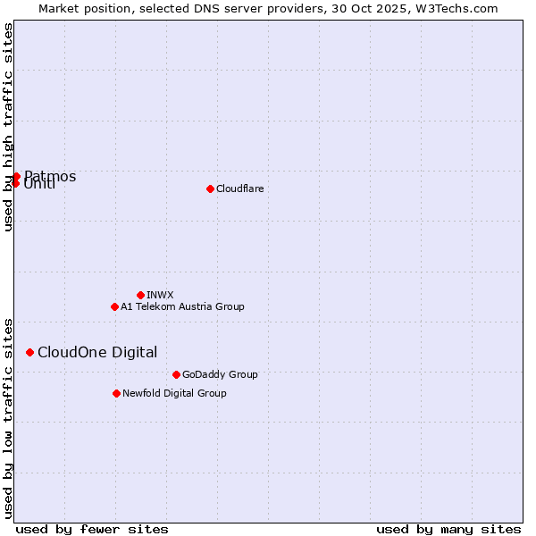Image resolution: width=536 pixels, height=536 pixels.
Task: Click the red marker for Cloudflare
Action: pyautogui.click(x=210, y=188)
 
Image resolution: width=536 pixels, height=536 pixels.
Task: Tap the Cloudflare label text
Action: pyautogui.click(x=239, y=188)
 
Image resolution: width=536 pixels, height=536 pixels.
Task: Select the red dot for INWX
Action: pyautogui.click(x=140, y=295)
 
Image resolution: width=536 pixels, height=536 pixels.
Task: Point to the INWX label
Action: pyautogui.click(x=160, y=295)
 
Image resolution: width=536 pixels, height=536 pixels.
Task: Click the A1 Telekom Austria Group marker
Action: pyautogui.click(x=114, y=306)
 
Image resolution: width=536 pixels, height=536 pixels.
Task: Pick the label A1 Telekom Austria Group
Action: pyautogui.click(x=182, y=306)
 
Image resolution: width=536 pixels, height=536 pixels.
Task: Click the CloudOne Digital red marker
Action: pyautogui.click(x=29, y=352)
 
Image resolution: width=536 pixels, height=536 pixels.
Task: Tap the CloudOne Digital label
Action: pyautogui.click(x=97, y=352)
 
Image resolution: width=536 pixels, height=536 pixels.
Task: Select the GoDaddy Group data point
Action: pyautogui.click(x=176, y=374)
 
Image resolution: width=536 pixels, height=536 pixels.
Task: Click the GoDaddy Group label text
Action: pyautogui.click(x=220, y=374)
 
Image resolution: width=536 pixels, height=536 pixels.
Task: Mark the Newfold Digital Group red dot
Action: pyautogui.click(x=116, y=393)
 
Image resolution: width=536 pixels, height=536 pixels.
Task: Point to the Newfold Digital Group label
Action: pyautogui.click(x=174, y=393)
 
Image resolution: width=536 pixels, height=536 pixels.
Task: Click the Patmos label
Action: pyautogui.click(x=50, y=176)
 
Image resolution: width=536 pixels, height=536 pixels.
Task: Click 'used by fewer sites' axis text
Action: pyautogui.click(x=92, y=529)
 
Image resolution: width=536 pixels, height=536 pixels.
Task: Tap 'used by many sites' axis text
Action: pyautogui.click(x=448, y=529)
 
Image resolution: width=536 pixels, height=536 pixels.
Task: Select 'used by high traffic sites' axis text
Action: pyautogui.click(x=8, y=127)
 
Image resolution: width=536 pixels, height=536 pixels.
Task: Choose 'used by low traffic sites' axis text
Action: pyautogui.click(x=8, y=417)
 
